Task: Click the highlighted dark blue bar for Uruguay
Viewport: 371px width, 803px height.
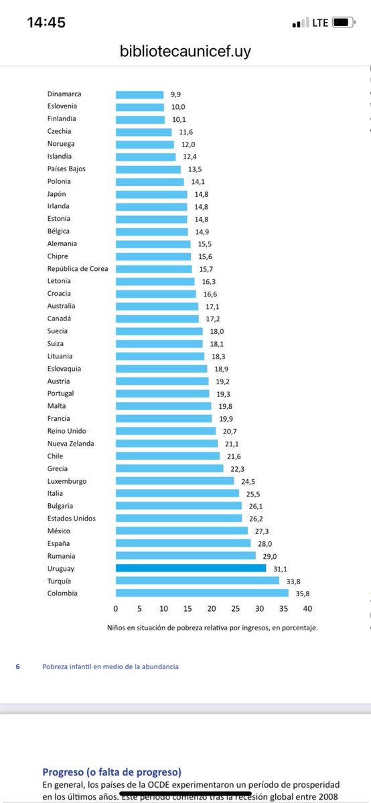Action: [x=191, y=568]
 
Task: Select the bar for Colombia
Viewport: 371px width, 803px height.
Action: [x=202, y=593]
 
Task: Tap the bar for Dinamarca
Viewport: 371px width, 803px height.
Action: [x=139, y=95]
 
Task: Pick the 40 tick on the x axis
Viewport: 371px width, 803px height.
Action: [x=307, y=608]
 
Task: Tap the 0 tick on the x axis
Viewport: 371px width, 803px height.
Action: [x=116, y=608]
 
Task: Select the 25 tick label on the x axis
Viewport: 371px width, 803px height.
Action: [x=236, y=608]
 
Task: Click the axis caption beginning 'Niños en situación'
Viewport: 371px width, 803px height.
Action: [x=212, y=628]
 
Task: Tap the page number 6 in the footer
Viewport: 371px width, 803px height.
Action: [x=17, y=666]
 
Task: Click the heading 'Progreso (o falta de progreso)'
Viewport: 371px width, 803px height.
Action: [x=112, y=772]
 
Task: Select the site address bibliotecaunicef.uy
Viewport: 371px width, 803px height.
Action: [x=185, y=51]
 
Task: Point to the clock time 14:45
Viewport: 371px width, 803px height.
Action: [x=46, y=22]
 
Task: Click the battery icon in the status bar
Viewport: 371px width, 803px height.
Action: [x=343, y=22]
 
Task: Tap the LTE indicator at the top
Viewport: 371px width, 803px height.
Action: [x=319, y=22]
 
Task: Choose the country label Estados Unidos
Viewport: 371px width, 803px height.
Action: [x=72, y=518]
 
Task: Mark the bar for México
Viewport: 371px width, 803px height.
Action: [x=181, y=531]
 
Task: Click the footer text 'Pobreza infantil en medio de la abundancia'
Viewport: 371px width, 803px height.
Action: [x=110, y=666]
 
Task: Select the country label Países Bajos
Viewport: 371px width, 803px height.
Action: [x=67, y=169]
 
